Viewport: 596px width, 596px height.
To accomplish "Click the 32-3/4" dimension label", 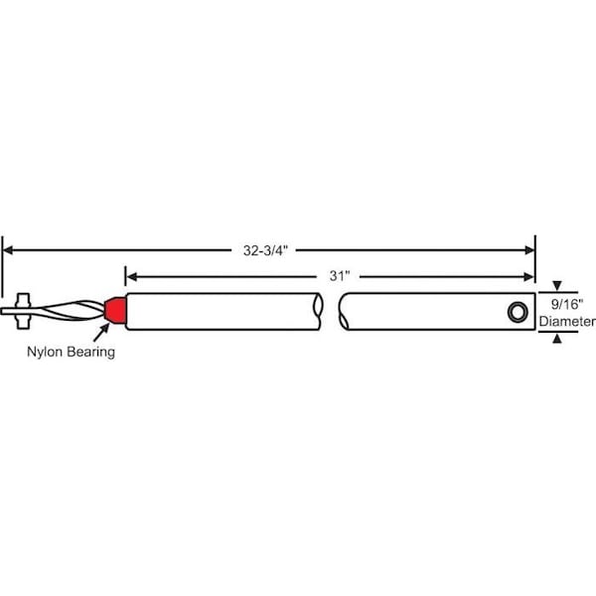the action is click(265, 250).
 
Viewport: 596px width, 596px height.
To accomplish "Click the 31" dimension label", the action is click(340, 276).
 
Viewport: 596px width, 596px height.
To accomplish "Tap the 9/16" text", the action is click(567, 304).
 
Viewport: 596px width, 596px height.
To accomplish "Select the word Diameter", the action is click(567, 322).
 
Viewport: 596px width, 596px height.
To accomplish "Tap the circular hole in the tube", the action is click(518, 312).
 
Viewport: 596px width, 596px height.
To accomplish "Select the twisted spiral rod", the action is click(72, 311).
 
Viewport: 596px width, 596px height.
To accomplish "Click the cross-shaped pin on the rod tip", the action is click(23, 311).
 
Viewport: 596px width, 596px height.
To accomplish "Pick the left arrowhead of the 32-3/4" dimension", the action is click(8, 250).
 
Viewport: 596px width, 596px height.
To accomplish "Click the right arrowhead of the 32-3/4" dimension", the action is click(529, 250).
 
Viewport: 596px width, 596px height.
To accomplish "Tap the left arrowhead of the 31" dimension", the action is click(131, 277).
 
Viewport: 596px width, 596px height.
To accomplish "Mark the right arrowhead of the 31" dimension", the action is click(529, 277).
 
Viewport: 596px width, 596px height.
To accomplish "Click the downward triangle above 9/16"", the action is click(557, 285).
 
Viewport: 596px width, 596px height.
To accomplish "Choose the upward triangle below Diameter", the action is click(557, 338).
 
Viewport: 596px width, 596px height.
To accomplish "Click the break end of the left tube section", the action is click(318, 311).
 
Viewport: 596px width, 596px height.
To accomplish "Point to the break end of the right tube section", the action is click(344, 311).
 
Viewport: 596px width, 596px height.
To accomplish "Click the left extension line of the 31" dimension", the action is click(125, 276).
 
